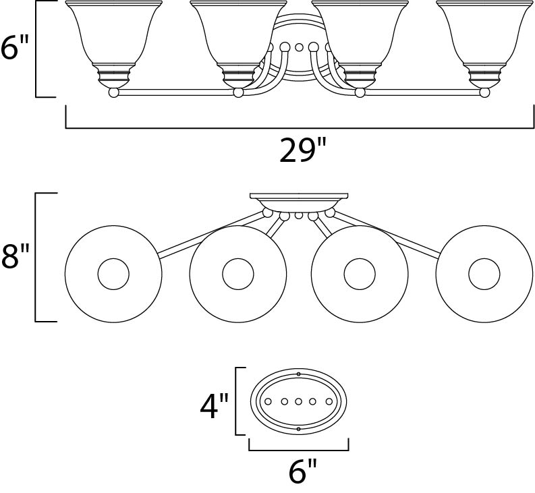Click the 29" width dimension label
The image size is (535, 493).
click(x=298, y=152)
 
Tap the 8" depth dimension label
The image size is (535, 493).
click(x=16, y=257)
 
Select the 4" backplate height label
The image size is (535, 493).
click(x=215, y=406)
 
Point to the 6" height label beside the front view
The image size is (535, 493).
click(x=16, y=49)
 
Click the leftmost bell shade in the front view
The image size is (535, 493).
click(x=113, y=37)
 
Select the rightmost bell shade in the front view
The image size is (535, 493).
click(x=484, y=37)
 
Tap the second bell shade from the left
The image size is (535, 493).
click(x=238, y=37)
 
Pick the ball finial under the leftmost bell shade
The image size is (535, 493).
click(x=113, y=92)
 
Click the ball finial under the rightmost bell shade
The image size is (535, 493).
click(x=484, y=92)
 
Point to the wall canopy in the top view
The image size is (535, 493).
click(x=299, y=201)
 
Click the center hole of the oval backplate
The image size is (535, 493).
click(x=298, y=402)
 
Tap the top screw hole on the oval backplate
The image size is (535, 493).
click(x=298, y=374)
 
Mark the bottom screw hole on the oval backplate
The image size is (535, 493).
click(x=298, y=429)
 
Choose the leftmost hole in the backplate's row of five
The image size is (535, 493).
click(x=268, y=402)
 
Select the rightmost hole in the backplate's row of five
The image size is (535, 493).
click(x=329, y=402)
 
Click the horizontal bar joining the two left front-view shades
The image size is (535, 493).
click(x=175, y=92)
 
